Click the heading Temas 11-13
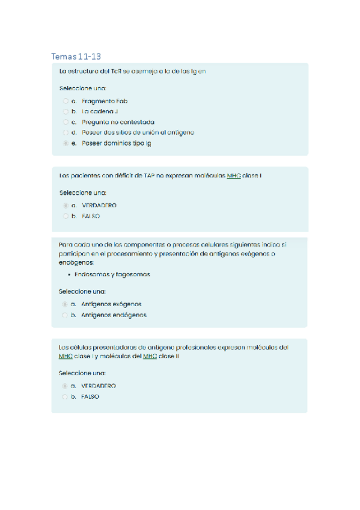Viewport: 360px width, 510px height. [76, 57]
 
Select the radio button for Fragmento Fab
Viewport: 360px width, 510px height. [65, 101]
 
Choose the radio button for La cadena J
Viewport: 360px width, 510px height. [65, 111]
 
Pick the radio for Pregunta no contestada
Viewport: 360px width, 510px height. [65, 121]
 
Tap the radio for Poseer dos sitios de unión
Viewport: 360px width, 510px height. [65, 132]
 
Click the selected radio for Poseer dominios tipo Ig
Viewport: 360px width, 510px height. [65, 143]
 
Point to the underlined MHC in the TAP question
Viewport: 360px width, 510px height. [234, 176]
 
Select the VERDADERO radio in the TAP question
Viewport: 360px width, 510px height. [65, 205]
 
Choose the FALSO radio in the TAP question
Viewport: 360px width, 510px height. [65, 216]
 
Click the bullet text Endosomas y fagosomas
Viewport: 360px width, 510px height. [112, 274]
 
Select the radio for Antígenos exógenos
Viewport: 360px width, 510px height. [65, 304]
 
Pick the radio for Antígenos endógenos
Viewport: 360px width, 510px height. [65, 315]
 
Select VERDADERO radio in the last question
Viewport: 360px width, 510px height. [65, 386]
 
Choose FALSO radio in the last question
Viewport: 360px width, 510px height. [65, 396]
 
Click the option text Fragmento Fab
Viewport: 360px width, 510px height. [105, 101]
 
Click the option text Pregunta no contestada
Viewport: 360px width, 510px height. [118, 121]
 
